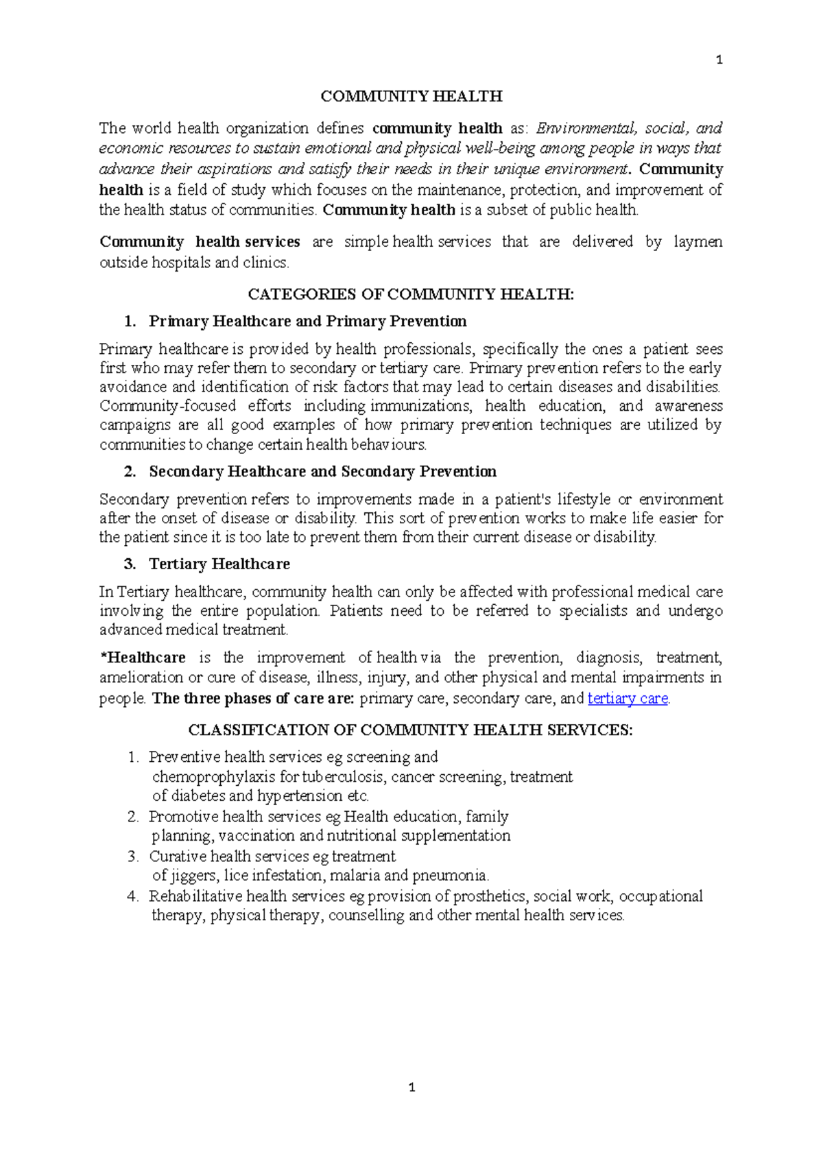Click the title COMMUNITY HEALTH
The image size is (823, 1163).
tap(411, 97)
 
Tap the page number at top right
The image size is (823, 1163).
tap(718, 60)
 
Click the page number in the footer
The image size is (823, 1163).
tap(411, 1087)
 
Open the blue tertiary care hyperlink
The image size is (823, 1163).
tap(628, 699)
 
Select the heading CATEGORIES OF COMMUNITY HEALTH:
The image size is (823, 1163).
tap(410, 295)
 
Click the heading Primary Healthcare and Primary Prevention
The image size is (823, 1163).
tap(307, 322)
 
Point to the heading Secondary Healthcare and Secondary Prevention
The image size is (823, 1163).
tap(322, 472)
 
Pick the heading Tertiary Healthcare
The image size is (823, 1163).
tap(219, 564)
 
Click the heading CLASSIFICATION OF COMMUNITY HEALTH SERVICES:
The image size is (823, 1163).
tap(410, 730)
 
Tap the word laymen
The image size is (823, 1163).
tap(697, 242)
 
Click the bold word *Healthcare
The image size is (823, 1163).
tap(143, 658)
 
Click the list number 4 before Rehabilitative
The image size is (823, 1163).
tap(132, 896)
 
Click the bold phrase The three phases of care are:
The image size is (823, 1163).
tap(252, 699)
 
